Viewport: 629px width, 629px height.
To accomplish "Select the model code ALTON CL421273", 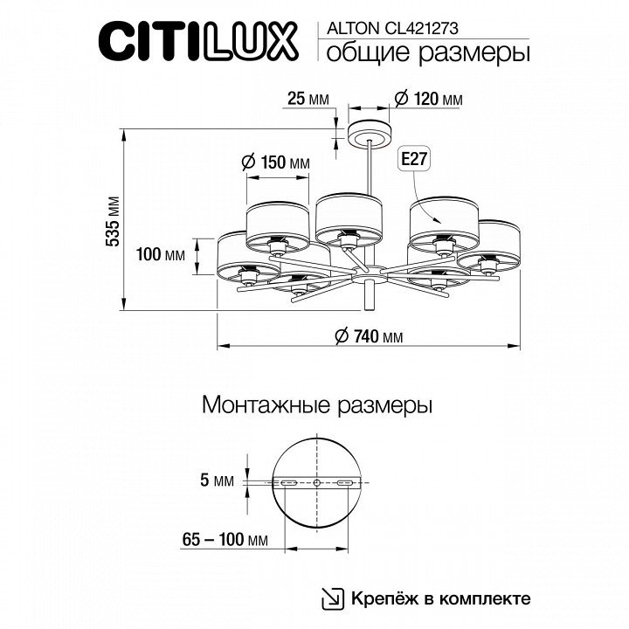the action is point(393,29).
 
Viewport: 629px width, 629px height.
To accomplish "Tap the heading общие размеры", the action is point(428,53).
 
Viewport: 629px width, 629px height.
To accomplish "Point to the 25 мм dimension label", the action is point(308,98).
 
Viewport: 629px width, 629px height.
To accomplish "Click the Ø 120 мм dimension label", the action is point(428,98).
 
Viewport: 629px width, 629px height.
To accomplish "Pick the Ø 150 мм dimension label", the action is point(276,162).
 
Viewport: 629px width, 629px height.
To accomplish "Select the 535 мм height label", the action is point(113,221).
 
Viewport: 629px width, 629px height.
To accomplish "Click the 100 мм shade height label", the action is point(161,254).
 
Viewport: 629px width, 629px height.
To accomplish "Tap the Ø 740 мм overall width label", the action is point(369,336).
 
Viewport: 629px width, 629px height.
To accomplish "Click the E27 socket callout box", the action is point(413,160).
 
